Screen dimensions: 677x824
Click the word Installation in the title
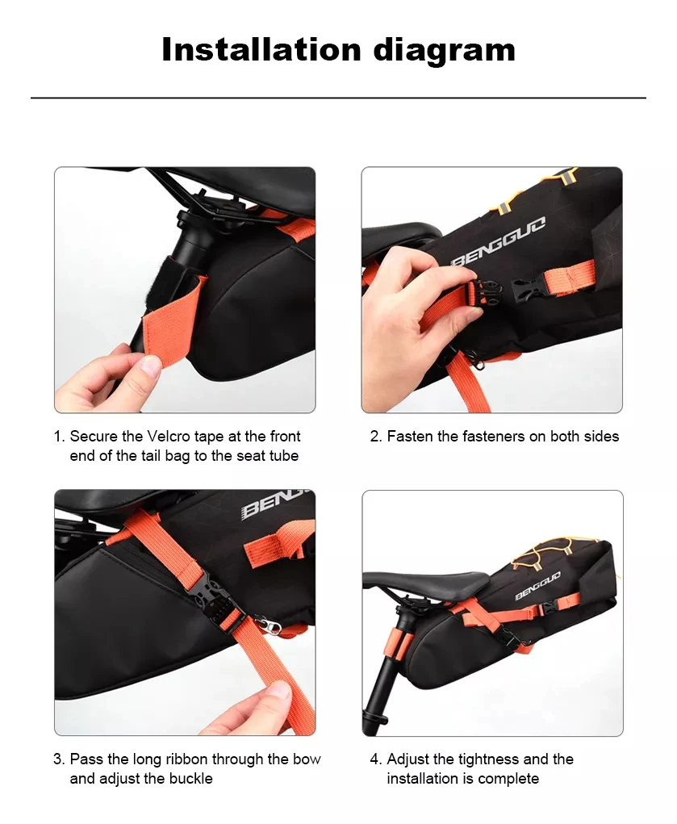pyautogui.click(x=261, y=49)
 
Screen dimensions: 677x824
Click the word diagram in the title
pyautogui.click(x=444, y=52)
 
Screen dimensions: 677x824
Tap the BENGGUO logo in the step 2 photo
pyautogui.click(x=499, y=241)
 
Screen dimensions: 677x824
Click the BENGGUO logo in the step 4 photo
pyautogui.click(x=537, y=585)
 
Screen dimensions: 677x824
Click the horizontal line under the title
pyautogui.click(x=339, y=98)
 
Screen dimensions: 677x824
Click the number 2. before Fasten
pyautogui.click(x=375, y=436)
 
